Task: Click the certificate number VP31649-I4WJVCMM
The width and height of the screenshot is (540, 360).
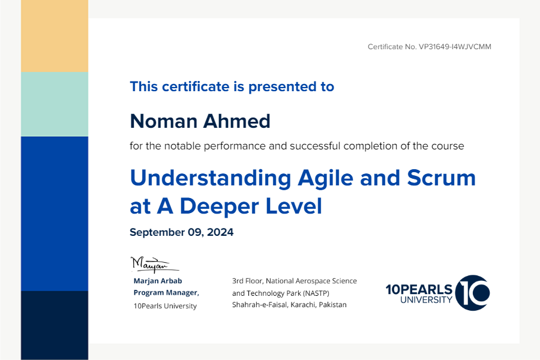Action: [x=455, y=47]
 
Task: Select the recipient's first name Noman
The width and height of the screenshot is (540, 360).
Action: [x=164, y=121]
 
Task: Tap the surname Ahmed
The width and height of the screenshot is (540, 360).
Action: [x=236, y=121]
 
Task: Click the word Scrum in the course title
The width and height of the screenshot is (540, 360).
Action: [x=441, y=178]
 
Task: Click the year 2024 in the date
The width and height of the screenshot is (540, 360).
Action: [x=220, y=232]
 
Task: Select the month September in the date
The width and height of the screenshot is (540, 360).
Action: [x=157, y=233]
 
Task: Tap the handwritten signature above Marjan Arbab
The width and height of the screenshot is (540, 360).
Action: [x=154, y=265]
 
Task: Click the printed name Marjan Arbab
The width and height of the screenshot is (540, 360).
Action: [x=158, y=281]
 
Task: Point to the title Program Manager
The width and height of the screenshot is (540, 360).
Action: [x=166, y=293]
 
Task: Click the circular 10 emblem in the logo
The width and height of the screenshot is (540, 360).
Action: [x=473, y=293]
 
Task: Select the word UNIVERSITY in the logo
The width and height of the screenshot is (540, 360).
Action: [x=427, y=300]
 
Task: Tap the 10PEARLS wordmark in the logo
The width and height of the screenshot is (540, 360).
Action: [x=419, y=289]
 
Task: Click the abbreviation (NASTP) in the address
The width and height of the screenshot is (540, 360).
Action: [x=316, y=293]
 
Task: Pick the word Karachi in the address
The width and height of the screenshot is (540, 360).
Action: [x=304, y=305]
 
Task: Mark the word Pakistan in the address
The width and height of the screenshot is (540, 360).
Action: [x=332, y=305]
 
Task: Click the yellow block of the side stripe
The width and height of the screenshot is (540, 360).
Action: [x=55, y=36]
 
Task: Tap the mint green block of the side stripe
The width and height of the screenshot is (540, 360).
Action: [x=55, y=104]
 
